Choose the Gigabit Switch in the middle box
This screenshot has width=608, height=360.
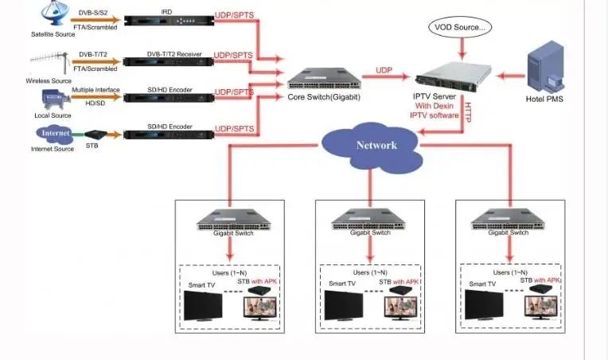pyautogui.click(x=368, y=218)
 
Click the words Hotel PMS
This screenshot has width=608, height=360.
pyautogui.click(x=547, y=100)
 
